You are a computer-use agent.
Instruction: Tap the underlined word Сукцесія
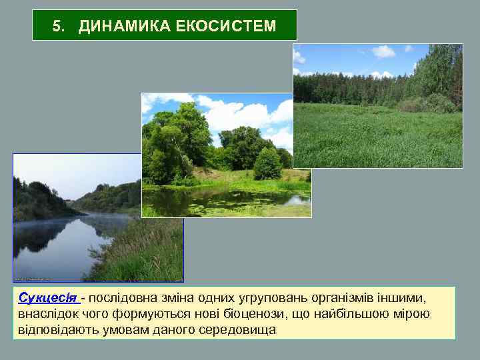coord(48,297)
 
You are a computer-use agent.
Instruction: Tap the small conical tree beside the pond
coord(267,164)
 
